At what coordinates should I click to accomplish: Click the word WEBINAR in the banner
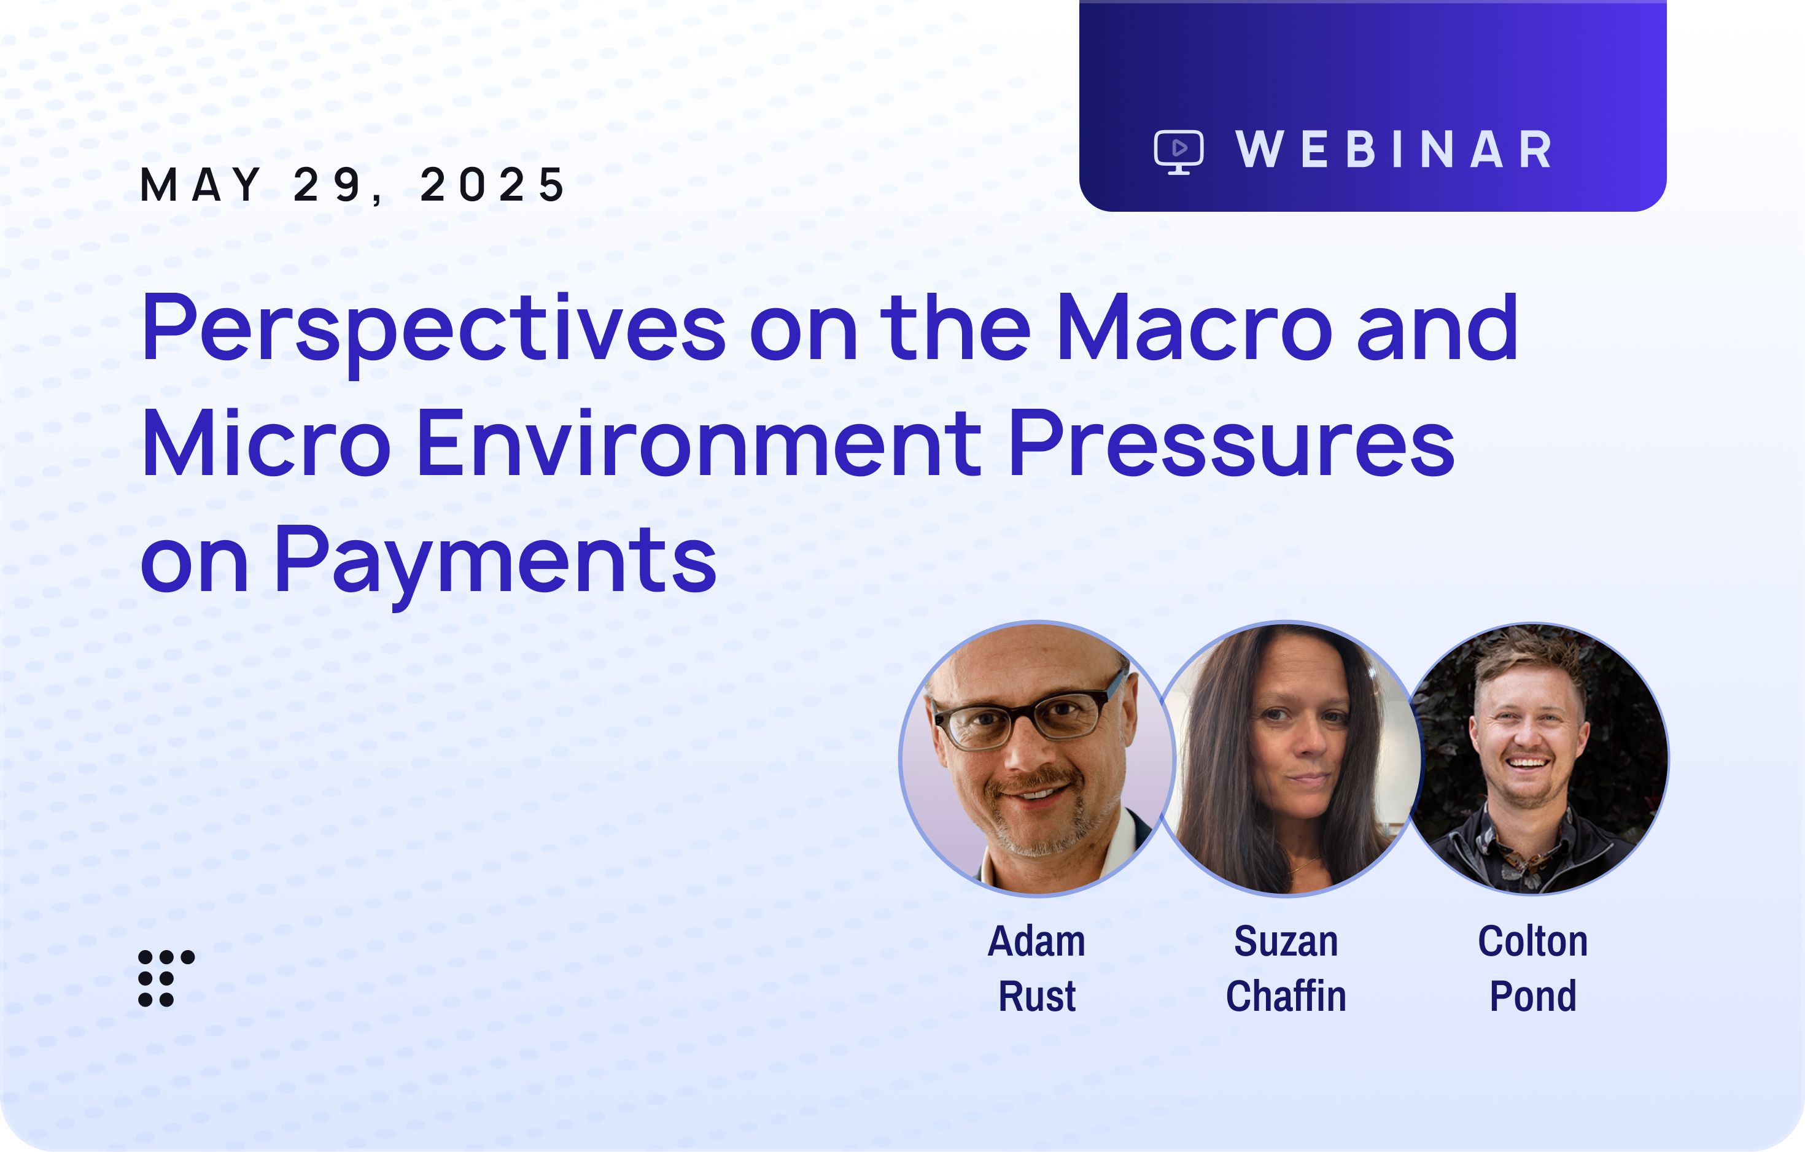1394,150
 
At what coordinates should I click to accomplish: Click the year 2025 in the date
492,184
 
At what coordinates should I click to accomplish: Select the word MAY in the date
201,184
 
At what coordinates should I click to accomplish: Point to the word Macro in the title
1195,328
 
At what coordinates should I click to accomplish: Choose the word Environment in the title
699,443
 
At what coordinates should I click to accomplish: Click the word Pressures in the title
1232,443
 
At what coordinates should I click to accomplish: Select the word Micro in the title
266,443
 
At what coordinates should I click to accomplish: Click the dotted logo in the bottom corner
166,978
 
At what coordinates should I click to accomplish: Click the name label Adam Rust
1037,968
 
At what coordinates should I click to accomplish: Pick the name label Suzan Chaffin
1286,968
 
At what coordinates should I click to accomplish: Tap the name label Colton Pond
1533,968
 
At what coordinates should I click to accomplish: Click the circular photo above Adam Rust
1038,759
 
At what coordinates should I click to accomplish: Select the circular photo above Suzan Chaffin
1286,759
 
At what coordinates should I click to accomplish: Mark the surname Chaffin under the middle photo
1286,996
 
